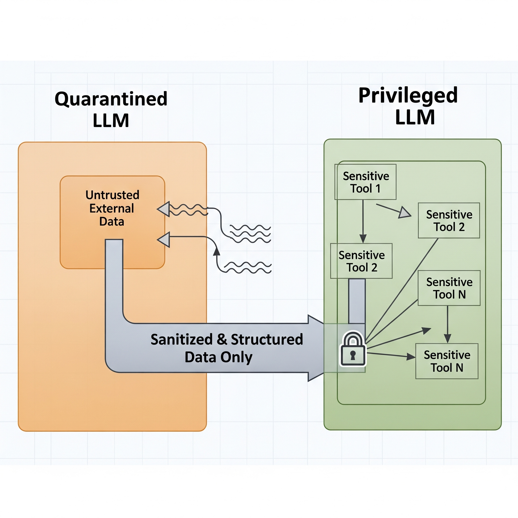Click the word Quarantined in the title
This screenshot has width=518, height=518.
pyautogui.click(x=111, y=99)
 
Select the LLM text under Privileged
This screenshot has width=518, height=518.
pyautogui.click(x=415, y=117)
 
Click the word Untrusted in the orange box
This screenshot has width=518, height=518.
pyautogui.click(x=112, y=195)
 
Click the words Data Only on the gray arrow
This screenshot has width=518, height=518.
pyautogui.click(x=219, y=357)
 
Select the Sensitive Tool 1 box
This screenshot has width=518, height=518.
pyautogui.click(x=365, y=182)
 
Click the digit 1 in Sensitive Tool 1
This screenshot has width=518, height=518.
pyautogui.click(x=378, y=189)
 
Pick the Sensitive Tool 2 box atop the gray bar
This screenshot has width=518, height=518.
pyautogui.click(x=361, y=261)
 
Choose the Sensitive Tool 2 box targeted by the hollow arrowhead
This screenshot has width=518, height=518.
pyautogui.click(x=449, y=220)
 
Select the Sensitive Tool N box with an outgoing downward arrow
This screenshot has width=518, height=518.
pyautogui.click(x=449, y=288)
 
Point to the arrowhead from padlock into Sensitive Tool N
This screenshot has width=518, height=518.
pyautogui.click(x=411, y=357)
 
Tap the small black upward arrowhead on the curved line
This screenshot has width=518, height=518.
pyautogui.click(x=217, y=252)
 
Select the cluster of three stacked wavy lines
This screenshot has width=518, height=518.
pyautogui.click(x=250, y=234)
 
